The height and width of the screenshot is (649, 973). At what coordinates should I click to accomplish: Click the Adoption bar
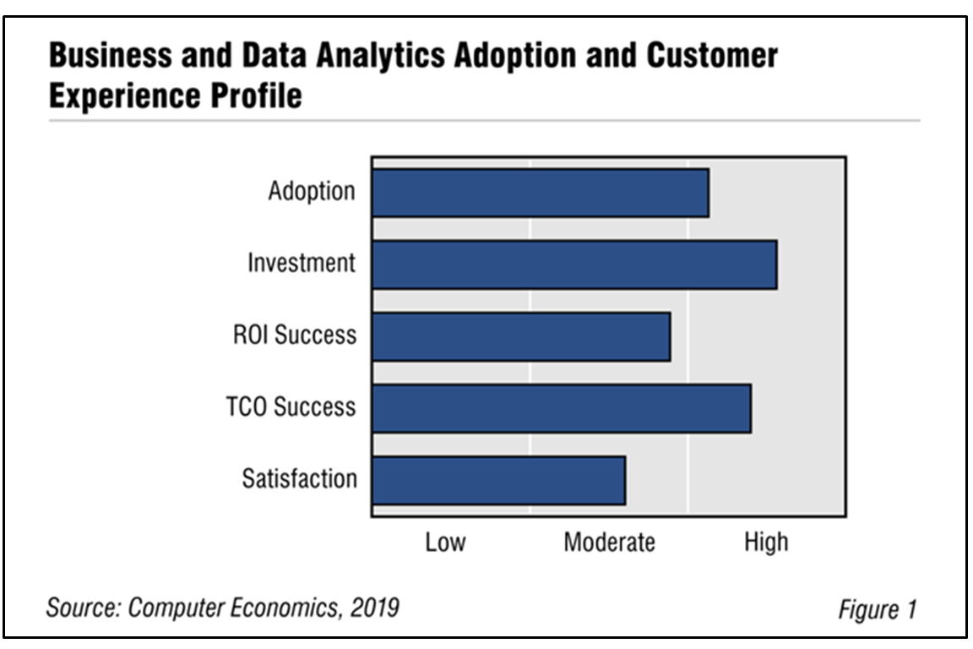coord(540,193)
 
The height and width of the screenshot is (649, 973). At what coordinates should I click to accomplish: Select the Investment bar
coord(573,265)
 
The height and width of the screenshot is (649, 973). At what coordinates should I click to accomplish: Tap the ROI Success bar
coord(520,336)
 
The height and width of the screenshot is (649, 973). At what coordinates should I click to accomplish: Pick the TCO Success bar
coord(561,408)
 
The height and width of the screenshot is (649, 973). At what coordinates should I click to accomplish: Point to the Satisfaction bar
coord(498,480)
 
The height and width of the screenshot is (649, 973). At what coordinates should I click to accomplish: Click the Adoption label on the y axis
coord(312,192)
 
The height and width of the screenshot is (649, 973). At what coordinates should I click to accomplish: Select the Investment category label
coord(302,264)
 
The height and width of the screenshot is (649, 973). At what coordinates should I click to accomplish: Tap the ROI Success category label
coord(295,335)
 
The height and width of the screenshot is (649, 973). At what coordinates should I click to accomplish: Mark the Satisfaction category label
coord(299,479)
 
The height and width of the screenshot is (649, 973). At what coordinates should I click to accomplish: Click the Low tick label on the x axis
coord(445,542)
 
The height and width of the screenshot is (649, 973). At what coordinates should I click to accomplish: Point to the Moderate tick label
coord(609,542)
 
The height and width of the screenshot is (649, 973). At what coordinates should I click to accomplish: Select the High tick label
coord(766,541)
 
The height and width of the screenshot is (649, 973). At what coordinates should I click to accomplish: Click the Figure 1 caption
coord(877,609)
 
